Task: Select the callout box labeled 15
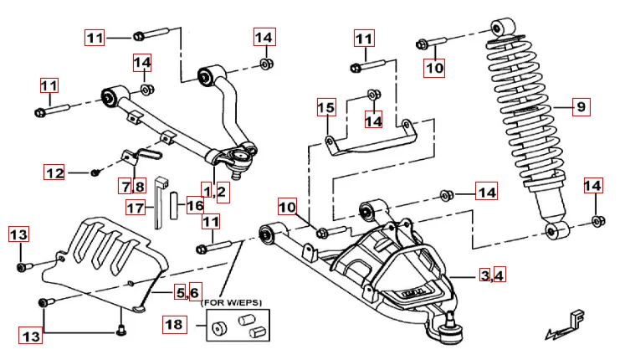pyautogui.click(x=325, y=108)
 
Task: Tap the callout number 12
pyautogui.click(x=54, y=173)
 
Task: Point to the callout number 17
pyautogui.click(x=136, y=207)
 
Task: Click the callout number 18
pyautogui.click(x=174, y=323)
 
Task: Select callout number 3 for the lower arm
pyautogui.click(x=484, y=275)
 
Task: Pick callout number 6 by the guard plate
pyautogui.click(x=194, y=292)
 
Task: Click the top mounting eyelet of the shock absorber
pyautogui.click(x=504, y=24)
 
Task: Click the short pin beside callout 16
pyautogui.click(x=174, y=204)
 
